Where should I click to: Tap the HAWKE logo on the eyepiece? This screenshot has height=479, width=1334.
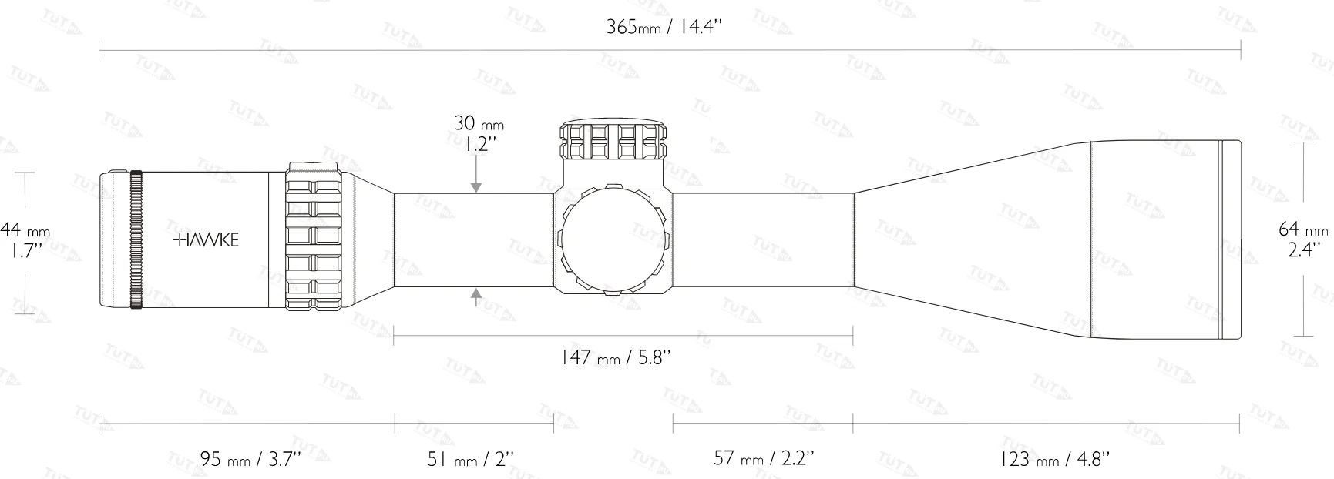click(205, 239)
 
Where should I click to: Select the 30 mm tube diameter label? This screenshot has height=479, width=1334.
click(479, 123)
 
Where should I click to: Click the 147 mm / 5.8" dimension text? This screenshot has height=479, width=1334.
click(617, 357)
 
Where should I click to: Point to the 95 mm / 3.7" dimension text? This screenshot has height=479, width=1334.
click(250, 460)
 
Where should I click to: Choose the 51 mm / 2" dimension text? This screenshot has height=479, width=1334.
click(470, 460)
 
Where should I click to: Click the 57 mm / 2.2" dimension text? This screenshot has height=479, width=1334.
click(764, 459)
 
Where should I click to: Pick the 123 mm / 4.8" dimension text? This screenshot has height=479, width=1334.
click(1055, 460)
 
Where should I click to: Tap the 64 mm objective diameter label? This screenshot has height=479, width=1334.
click(1303, 229)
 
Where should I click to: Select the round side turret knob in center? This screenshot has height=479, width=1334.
click(613, 239)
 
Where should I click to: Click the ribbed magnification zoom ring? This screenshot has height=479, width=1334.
click(314, 238)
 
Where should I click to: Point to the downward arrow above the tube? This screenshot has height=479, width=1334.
click(477, 183)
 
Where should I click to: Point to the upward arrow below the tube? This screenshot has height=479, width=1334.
click(477, 296)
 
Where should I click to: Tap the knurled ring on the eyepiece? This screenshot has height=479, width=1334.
click(136, 239)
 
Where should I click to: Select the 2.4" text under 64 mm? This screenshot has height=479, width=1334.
click(1303, 250)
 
